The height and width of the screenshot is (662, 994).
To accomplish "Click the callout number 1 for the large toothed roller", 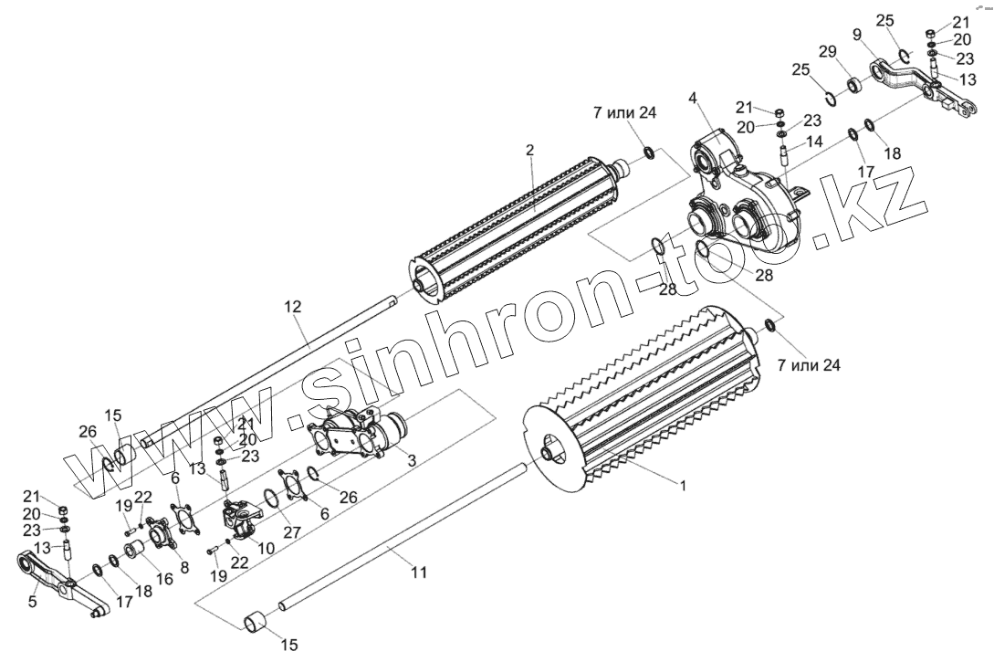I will (x=683, y=485).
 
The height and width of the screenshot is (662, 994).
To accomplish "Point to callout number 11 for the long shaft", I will (x=419, y=573).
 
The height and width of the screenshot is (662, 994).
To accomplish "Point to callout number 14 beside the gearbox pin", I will (x=814, y=142).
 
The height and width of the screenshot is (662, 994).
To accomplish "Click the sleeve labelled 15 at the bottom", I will (x=256, y=621).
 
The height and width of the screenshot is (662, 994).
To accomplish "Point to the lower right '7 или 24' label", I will (x=808, y=365).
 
